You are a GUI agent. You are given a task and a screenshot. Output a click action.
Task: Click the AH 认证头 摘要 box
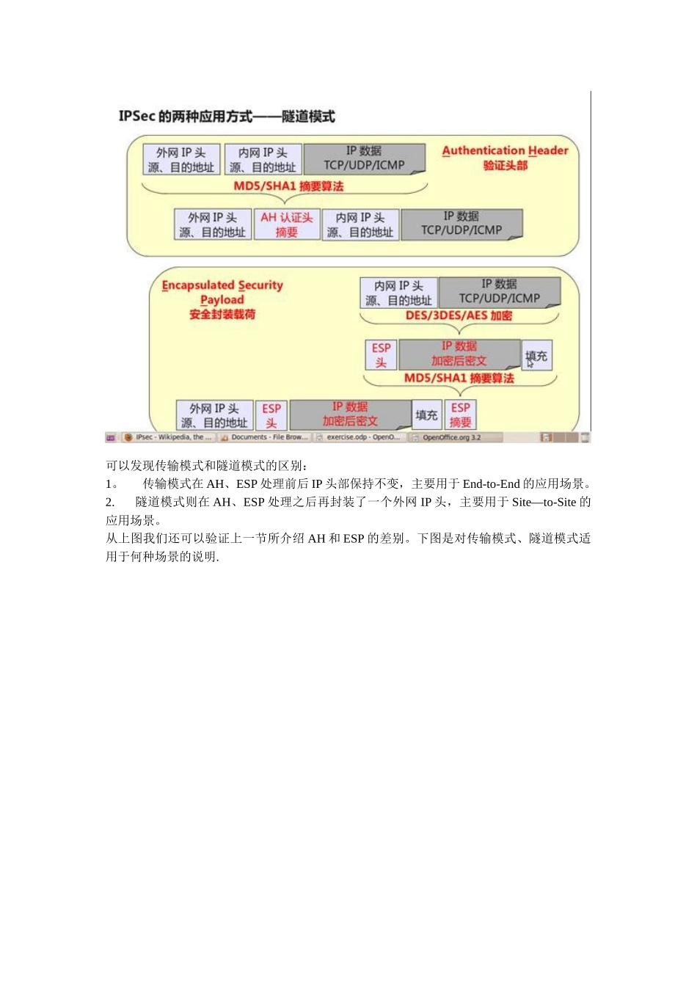287,224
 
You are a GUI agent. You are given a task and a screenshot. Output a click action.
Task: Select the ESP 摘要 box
461,415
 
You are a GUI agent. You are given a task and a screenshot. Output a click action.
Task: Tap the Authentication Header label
505,150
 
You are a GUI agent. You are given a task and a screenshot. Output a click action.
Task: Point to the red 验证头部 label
505,166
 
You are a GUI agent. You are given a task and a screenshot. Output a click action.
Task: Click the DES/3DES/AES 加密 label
459,315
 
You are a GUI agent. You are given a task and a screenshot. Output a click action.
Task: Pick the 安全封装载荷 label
222,315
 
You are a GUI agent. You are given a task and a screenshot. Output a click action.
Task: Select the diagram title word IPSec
137,116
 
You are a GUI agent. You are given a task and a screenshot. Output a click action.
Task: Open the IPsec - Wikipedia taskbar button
168,437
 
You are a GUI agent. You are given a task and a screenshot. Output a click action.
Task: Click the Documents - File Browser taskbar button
264,437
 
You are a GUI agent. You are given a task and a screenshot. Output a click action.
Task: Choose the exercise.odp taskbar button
359,437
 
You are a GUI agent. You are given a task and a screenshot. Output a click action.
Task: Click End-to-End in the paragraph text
491,484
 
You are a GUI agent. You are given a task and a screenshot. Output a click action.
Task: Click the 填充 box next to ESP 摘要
426,415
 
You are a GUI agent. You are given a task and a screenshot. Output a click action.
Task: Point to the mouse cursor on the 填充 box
530,362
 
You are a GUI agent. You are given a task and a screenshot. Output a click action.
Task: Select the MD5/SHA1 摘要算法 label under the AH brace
288,186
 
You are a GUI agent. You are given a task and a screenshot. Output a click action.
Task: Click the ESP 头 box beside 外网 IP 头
271,415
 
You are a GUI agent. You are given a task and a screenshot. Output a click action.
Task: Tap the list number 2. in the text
110,503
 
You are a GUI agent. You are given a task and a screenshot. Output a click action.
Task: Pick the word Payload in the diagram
222,300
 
